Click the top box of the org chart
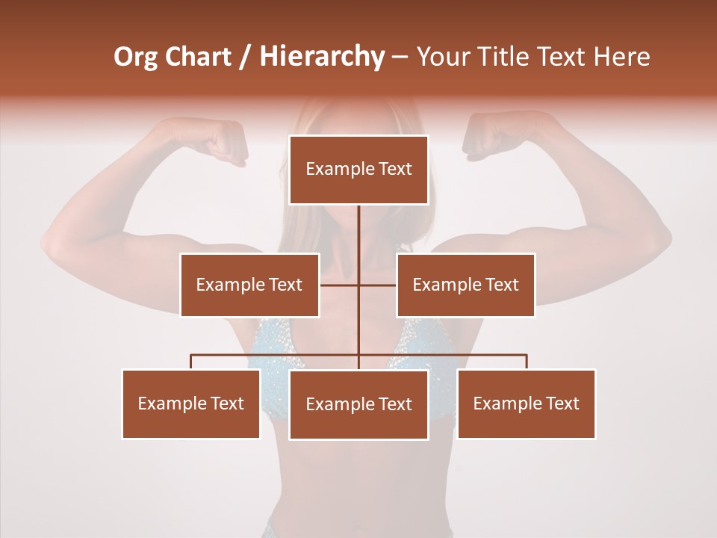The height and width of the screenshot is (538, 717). tap(358, 170)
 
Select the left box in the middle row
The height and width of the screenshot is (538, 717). tap(249, 285)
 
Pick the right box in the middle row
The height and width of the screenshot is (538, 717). tap(465, 285)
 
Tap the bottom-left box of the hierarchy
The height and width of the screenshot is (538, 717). tap(191, 403)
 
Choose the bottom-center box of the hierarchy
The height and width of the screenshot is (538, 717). tap(358, 404)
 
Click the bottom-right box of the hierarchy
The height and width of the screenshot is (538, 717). tap(526, 403)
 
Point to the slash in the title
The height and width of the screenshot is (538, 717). tap(245, 57)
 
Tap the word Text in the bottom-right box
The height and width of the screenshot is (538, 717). tap(562, 403)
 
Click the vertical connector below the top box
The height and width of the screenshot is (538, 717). tap(358, 232)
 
